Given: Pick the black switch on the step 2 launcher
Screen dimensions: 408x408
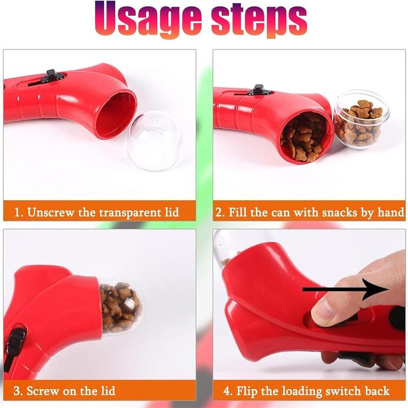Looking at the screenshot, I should click(259, 90).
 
